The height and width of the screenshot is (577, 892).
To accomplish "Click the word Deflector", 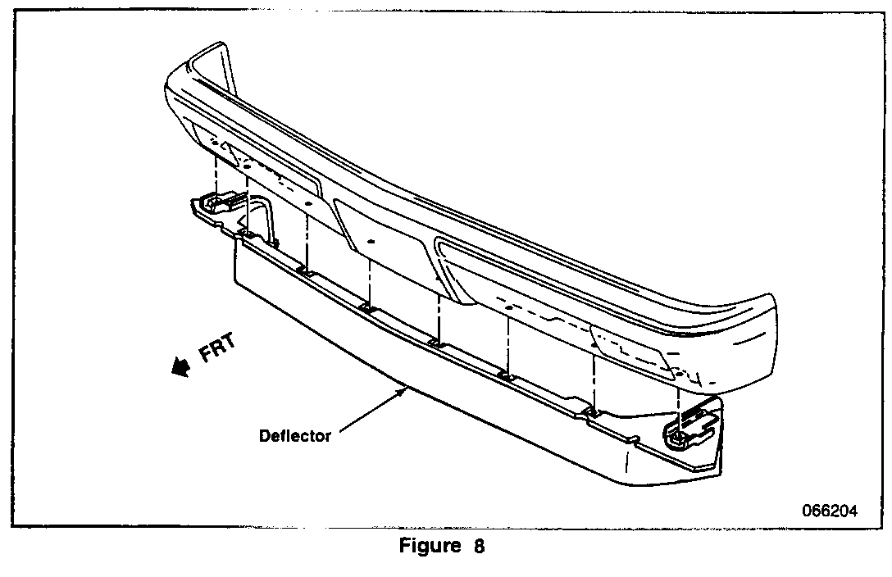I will (295, 436).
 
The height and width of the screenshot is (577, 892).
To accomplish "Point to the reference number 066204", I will (829, 511).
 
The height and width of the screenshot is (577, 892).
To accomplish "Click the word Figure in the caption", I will (430, 547).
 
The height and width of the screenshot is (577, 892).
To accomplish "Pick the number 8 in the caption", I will (480, 547).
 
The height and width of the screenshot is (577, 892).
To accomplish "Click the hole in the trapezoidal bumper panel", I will (371, 242).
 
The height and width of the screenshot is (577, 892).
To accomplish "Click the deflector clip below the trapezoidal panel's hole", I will (366, 307).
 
